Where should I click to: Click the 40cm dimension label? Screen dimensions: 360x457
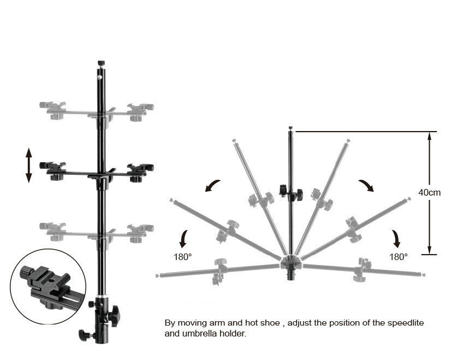click(x=430, y=192)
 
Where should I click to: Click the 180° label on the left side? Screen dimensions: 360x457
click(x=183, y=256)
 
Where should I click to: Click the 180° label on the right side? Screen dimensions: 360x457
click(x=399, y=256)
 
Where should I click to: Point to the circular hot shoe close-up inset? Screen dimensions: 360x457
click(x=48, y=286)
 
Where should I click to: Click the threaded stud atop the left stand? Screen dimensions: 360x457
click(x=100, y=63)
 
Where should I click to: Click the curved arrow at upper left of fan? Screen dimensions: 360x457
click(x=213, y=186)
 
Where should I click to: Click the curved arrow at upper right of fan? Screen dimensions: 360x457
click(x=366, y=186)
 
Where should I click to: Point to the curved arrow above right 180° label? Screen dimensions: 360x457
click(x=395, y=238)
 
